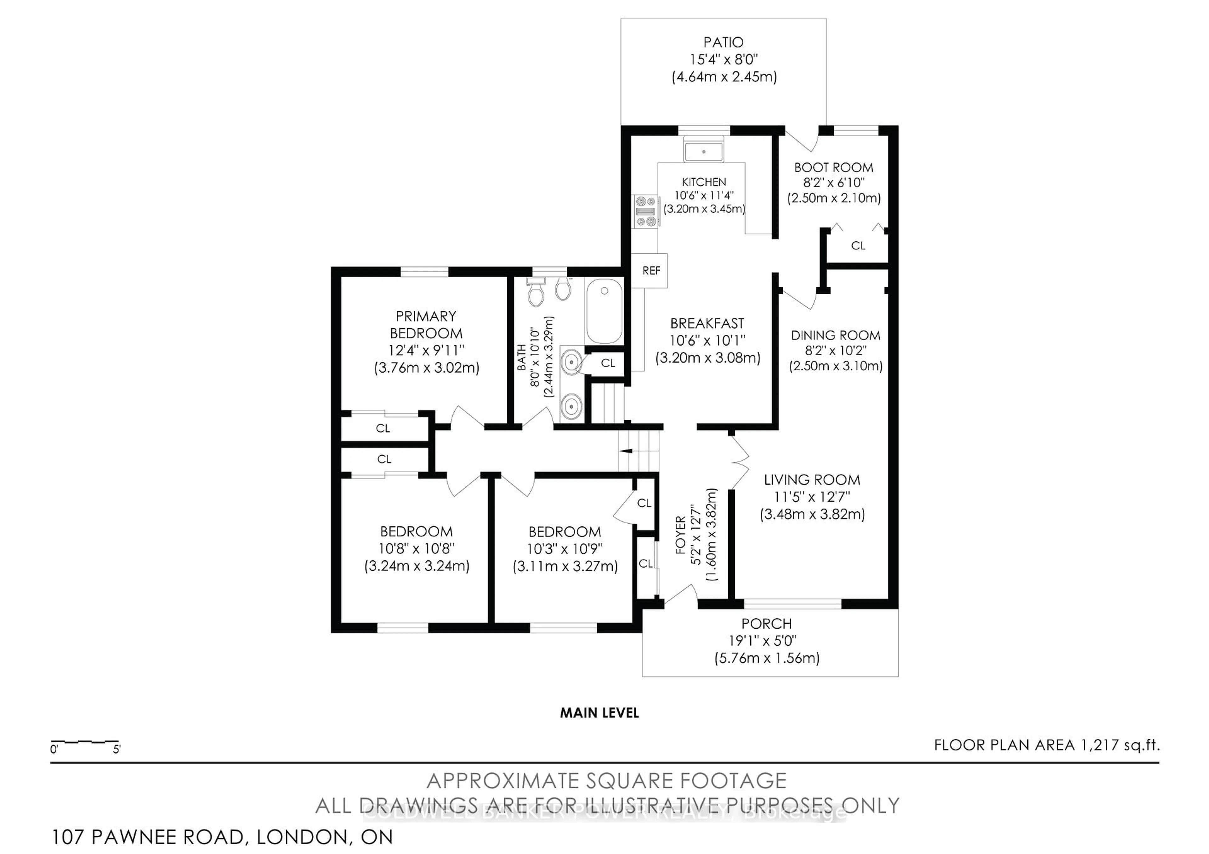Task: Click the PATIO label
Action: [724, 42]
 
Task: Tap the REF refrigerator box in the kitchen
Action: [650, 271]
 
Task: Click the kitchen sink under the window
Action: [703, 151]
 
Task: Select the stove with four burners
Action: [646, 211]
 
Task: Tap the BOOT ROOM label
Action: [834, 168]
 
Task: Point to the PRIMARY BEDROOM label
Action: [426, 325]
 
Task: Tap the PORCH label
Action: [766, 624]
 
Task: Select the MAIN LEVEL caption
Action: [599, 713]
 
